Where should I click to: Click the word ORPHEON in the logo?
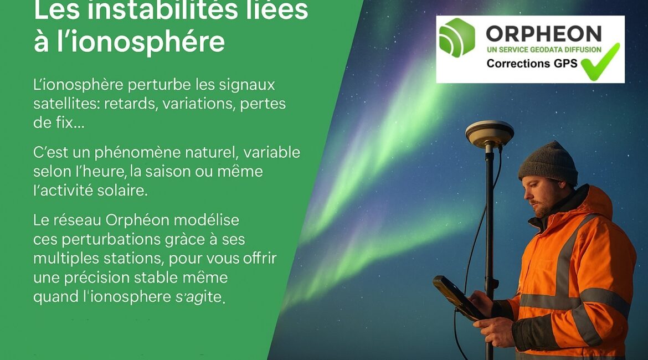(543, 33)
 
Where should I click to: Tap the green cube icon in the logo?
(457, 37)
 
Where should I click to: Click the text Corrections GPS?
(532, 63)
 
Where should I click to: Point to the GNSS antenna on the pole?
(490, 134)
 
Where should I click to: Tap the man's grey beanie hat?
(549, 162)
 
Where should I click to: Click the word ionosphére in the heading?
(141, 42)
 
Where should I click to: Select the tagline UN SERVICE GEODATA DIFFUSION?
(544, 50)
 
